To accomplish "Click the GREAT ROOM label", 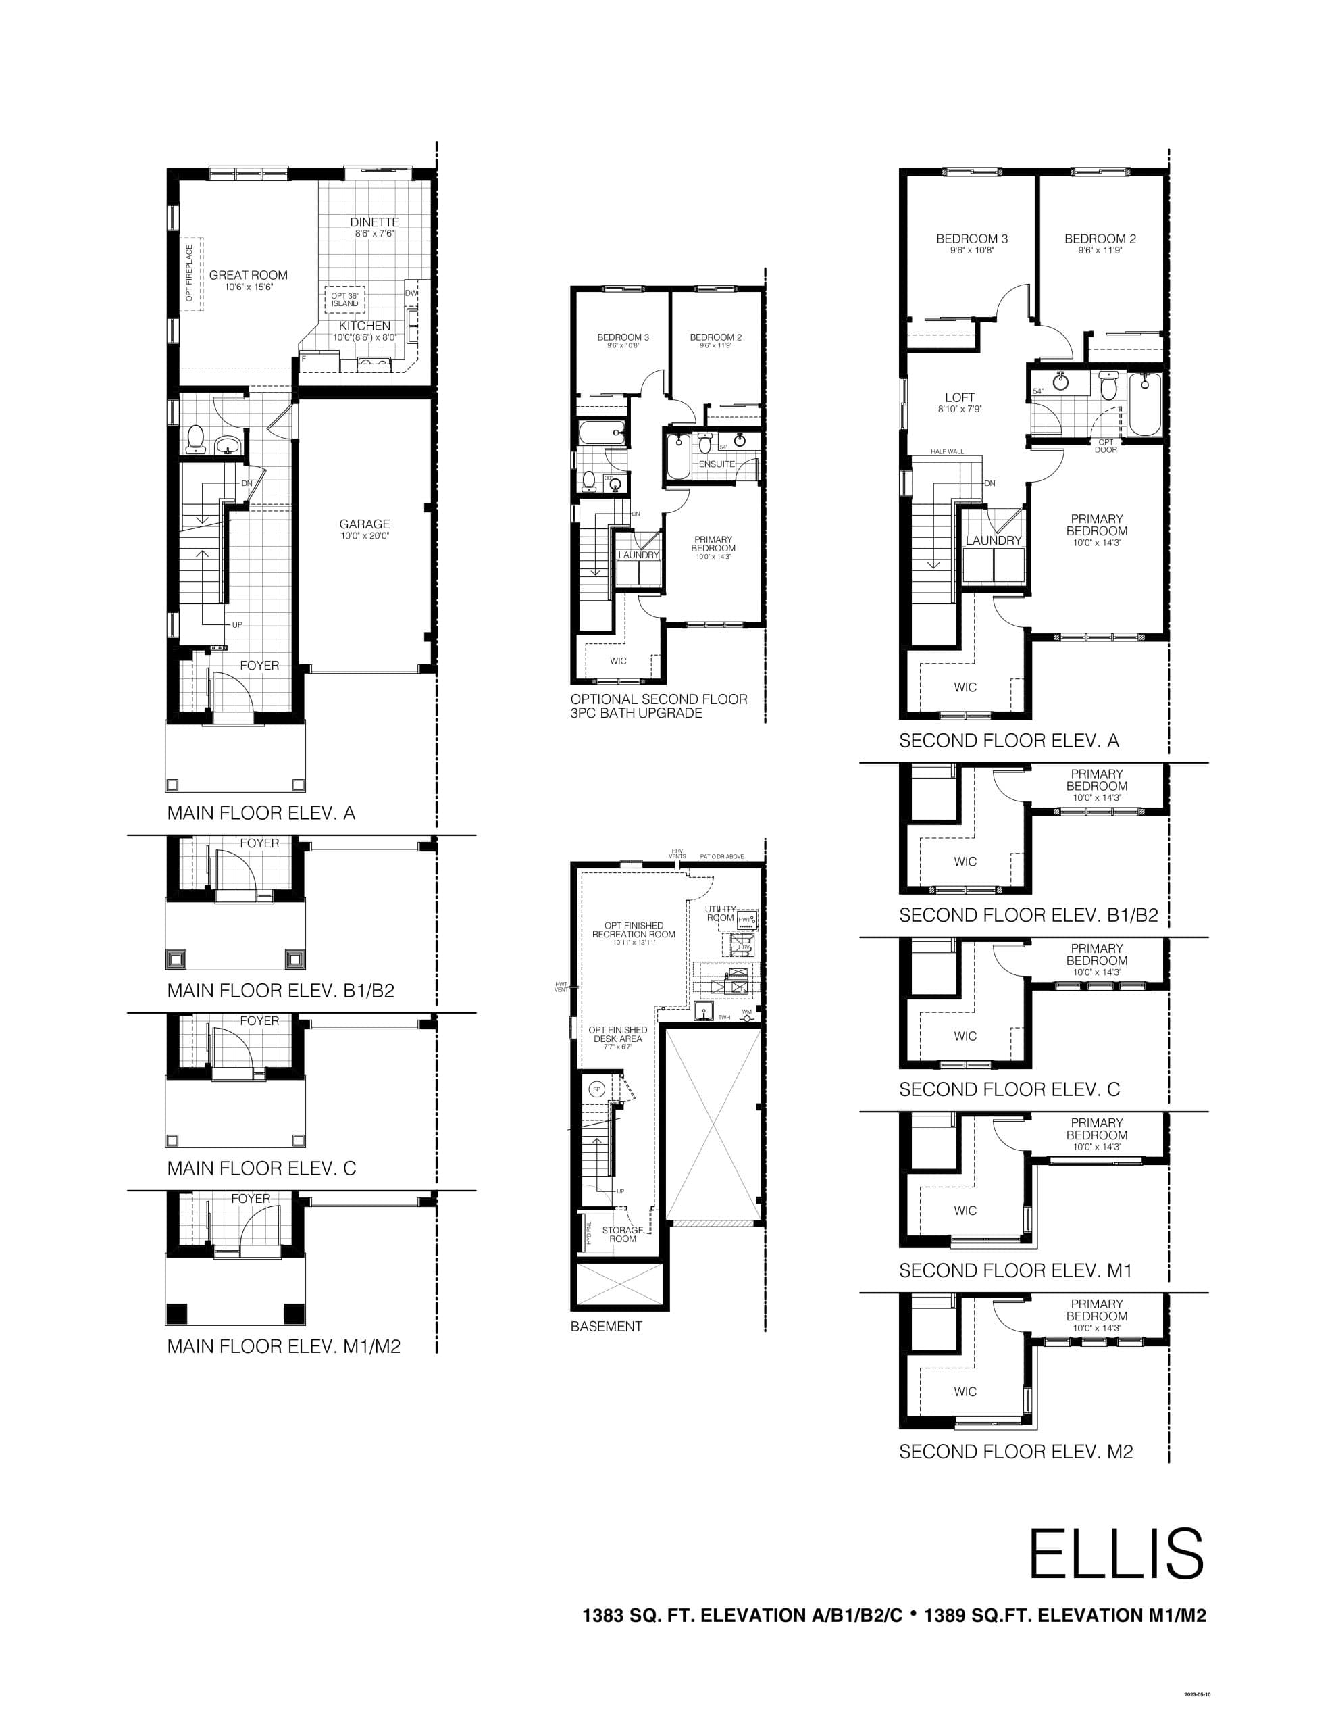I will (x=248, y=275).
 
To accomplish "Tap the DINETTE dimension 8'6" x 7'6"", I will (x=375, y=234).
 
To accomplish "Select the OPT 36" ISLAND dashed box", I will (x=344, y=299).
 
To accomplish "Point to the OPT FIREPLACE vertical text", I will (x=189, y=272).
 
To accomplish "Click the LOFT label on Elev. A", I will (x=960, y=397).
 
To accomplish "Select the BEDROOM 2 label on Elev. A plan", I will (x=1100, y=239).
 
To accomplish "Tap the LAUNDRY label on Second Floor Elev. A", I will (x=994, y=540).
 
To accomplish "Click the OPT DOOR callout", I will (x=1106, y=446).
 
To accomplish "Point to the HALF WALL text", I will (x=947, y=451).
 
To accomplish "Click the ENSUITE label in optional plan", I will (x=716, y=464).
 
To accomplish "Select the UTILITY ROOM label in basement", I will (x=720, y=914).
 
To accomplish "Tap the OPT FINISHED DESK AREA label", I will (x=618, y=1035).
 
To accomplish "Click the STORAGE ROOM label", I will (x=623, y=1234).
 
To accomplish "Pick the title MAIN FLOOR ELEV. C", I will (x=261, y=1168).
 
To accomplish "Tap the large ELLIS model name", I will (x=1116, y=1554).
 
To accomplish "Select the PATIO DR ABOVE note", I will (x=721, y=856).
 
